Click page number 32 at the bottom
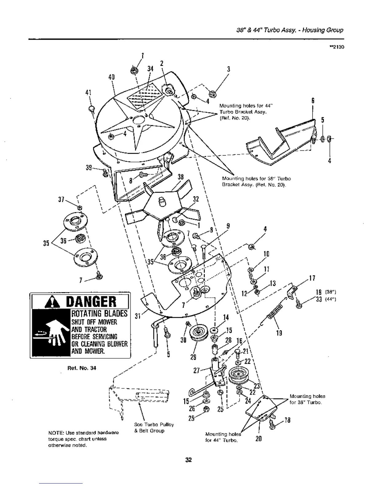tap(188, 460)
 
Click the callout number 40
tap(111, 77)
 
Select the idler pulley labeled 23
tap(238, 376)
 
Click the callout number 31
tap(137, 316)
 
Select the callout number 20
tap(258, 439)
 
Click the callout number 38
tap(181, 177)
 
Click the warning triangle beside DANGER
tap(47, 302)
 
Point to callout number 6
tap(313, 100)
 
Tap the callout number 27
tap(196, 370)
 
